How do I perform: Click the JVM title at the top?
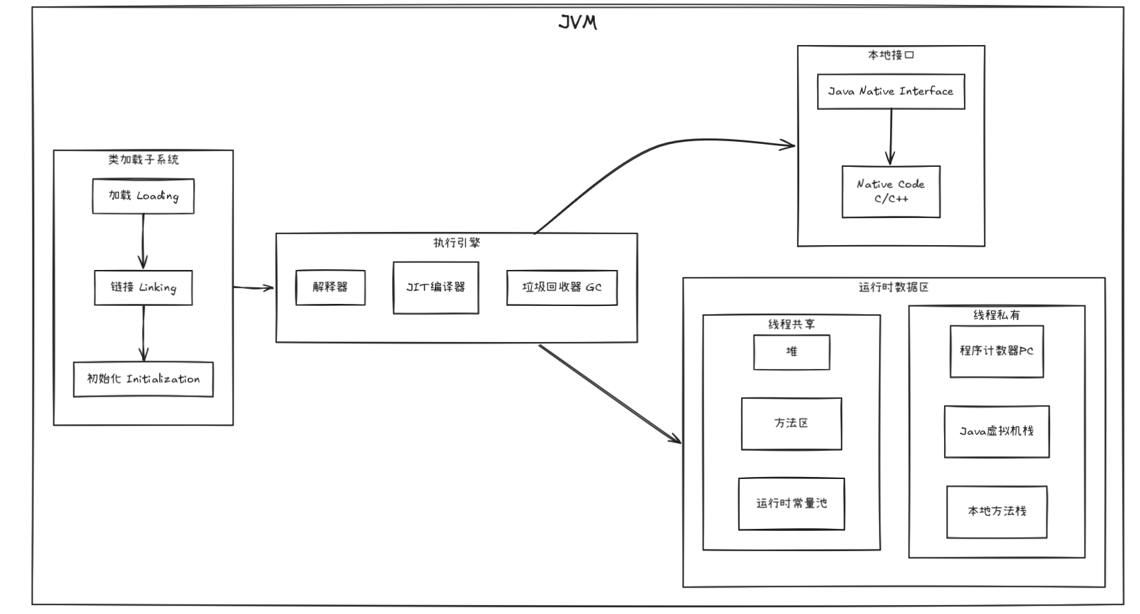point(577,23)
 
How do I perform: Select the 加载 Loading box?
point(143,196)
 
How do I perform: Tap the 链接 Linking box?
point(143,287)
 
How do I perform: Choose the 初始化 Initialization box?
point(143,379)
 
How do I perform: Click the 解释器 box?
point(330,287)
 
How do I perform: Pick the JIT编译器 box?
point(436,287)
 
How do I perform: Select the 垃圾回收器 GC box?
point(562,287)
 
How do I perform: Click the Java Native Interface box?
point(891,91)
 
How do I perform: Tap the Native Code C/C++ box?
point(891,192)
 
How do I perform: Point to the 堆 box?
point(792,352)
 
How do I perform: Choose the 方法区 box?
point(792,424)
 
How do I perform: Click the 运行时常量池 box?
point(792,504)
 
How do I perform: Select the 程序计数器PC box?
point(997,352)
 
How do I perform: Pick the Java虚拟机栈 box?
point(997,431)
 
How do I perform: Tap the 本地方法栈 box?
point(997,512)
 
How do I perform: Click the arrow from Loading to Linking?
point(143,241)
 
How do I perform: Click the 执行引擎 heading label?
point(456,243)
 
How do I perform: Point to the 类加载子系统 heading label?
point(143,160)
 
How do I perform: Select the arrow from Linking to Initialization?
point(143,333)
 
